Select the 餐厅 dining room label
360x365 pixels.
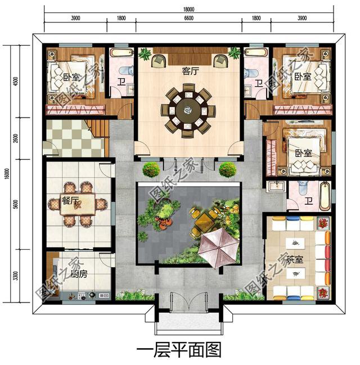[x=71, y=202]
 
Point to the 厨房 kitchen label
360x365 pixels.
[x=63, y=275]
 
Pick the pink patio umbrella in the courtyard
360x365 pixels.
[x=218, y=246]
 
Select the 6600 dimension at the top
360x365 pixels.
[x=188, y=19]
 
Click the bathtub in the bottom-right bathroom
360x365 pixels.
[x=325, y=196]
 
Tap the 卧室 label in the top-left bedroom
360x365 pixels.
[x=71, y=77]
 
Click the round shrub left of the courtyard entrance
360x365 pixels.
[x=150, y=169]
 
